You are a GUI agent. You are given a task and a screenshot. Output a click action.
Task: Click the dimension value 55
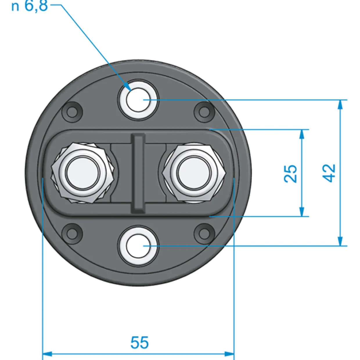coord(139,342)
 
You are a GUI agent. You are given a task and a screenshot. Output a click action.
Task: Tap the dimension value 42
coord(329,173)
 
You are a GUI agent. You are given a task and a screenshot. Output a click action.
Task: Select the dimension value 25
coord(290,174)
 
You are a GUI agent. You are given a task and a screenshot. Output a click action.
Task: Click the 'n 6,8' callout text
coord(30,6)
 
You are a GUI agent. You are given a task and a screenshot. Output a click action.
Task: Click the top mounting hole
coord(138,100)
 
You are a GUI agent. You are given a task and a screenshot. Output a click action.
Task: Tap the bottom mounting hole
coord(138,246)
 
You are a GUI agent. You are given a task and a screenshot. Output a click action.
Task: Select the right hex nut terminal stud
coord(194,173)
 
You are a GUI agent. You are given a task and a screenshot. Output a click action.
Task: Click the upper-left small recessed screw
coord(72,112)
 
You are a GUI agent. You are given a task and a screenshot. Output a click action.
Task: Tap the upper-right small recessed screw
coord(204,112)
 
